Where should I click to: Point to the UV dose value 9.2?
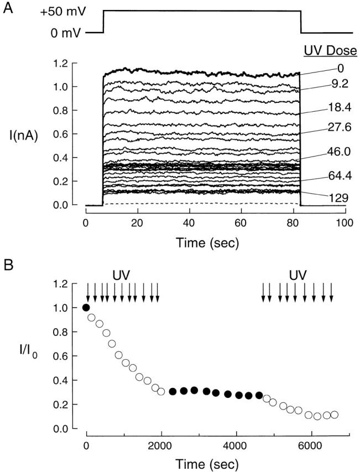point(331,86)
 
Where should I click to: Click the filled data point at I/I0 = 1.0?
point(86,308)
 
